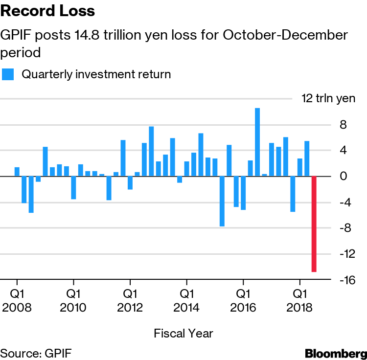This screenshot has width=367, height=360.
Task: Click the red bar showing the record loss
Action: point(314,224)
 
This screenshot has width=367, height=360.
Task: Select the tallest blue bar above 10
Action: point(257,142)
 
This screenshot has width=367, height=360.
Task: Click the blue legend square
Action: point(7,74)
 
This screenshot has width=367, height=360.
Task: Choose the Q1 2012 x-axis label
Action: point(130,301)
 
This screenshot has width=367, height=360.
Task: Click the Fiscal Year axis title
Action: point(183,334)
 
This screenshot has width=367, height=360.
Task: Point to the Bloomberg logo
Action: point(335,353)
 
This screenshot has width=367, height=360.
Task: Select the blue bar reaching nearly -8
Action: point(222,201)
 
